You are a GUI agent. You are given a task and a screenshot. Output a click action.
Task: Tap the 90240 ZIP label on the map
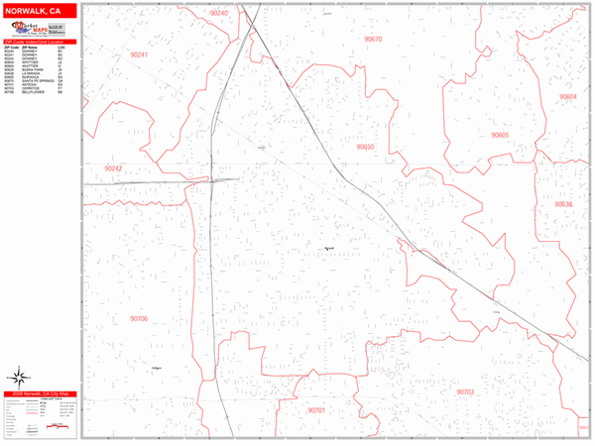coord(219,13)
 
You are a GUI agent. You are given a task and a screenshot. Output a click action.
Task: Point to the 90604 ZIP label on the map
coord(567,96)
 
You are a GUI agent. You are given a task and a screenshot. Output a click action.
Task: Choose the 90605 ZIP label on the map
coord(500,134)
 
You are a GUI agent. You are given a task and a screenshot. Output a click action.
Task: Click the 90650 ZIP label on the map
coord(365,147)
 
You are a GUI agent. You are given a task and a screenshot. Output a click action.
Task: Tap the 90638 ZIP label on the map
coord(563,203)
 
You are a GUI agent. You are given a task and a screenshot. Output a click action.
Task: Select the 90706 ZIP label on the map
coord(139,318)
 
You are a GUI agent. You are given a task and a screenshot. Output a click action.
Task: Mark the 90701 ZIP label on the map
coord(316,409)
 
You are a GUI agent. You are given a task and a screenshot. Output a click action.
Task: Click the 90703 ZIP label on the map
coord(466,391)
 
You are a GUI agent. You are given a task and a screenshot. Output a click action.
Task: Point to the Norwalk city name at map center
coord(329,248)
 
